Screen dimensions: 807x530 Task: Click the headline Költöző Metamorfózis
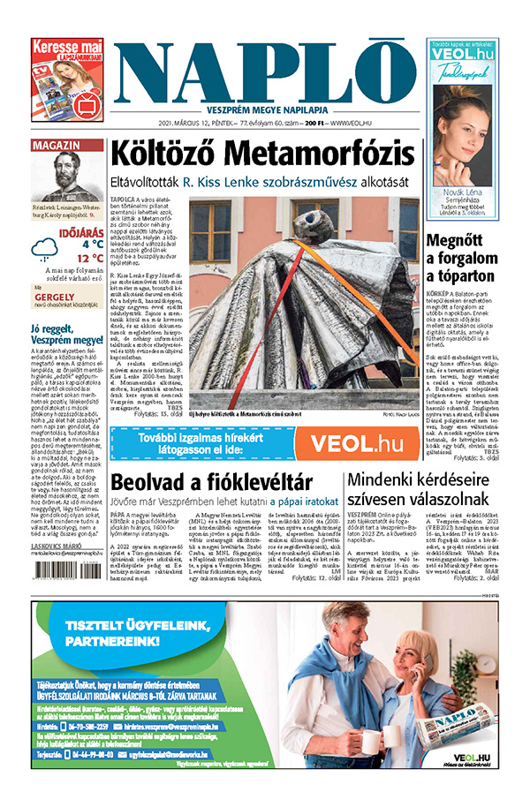pyautogui.click(x=261, y=152)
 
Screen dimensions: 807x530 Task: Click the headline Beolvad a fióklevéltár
pyautogui.click(x=212, y=482)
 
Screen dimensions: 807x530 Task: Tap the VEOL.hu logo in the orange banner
pyautogui.click(x=363, y=444)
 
